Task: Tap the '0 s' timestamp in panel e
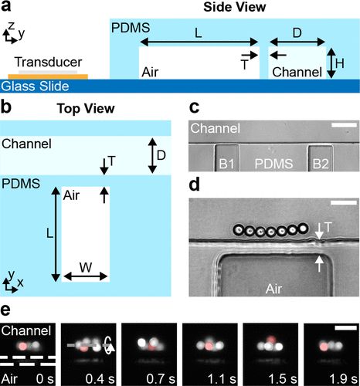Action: coord(43,378)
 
